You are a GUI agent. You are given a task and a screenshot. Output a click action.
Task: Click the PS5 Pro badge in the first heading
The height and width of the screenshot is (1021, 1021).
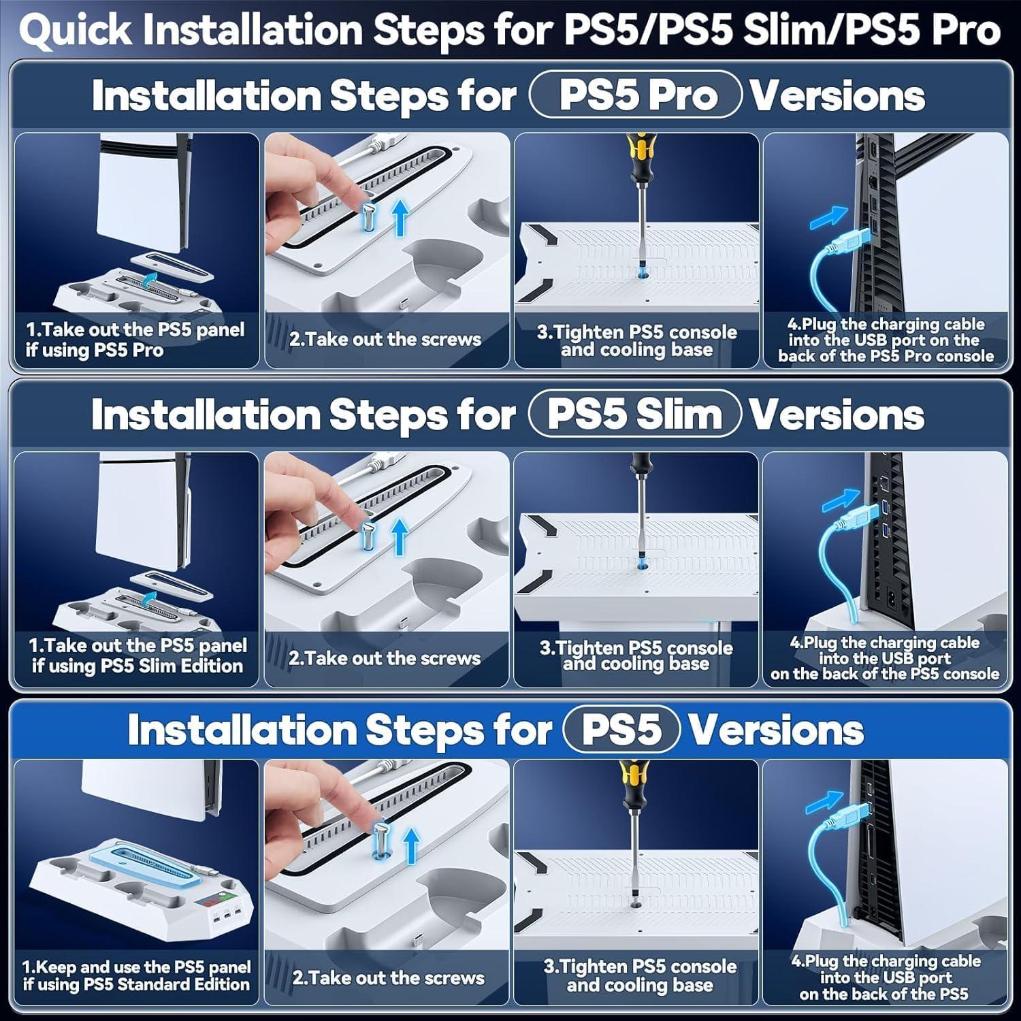click(x=636, y=95)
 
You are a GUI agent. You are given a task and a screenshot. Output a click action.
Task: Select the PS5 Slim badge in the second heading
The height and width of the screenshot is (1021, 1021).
click(x=634, y=414)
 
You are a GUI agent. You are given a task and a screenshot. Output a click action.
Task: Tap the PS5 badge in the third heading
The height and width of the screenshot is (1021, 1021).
click(x=621, y=729)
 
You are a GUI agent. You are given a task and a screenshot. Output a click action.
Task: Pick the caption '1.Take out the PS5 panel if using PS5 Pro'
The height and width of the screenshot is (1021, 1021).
click(x=135, y=340)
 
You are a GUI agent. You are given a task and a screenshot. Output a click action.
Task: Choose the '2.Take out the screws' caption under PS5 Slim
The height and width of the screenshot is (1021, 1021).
click(x=385, y=658)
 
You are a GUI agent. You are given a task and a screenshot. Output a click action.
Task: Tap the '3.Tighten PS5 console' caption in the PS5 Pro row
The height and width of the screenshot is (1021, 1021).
click(x=636, y=340)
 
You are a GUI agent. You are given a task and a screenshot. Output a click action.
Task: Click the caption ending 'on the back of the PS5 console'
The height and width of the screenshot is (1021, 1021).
click(x=884, y=658)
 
